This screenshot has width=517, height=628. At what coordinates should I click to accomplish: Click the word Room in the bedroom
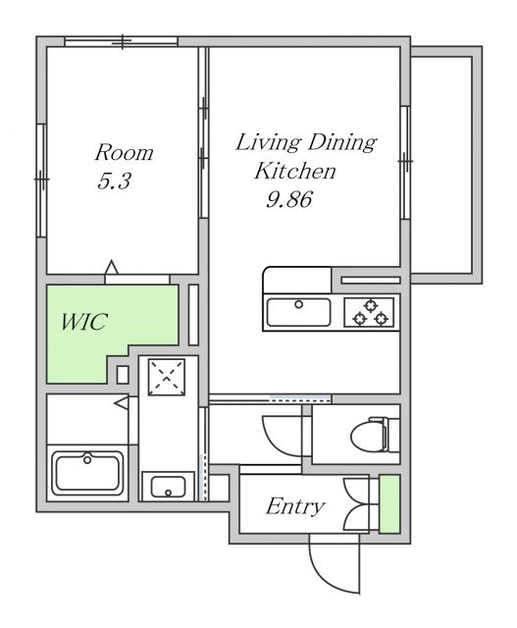(124, 152)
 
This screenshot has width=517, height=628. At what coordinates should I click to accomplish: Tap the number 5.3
(114, 182)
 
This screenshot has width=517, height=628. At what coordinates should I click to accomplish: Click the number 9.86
(289, 199)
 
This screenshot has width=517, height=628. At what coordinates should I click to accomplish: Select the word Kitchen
(295, 171)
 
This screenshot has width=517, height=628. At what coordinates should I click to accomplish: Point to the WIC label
(84, 321)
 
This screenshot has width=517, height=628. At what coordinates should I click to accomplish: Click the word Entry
(295, 506)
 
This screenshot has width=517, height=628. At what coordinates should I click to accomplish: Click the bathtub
(87, 473)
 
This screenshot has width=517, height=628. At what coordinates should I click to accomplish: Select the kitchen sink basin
(299, 312)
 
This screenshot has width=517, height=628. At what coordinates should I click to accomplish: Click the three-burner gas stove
(369, 312)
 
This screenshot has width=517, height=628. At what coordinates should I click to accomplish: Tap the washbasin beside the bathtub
(168, 487)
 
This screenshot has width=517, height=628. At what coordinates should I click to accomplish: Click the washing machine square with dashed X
(167, 377)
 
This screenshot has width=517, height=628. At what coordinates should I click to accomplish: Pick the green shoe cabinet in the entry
(389, 503)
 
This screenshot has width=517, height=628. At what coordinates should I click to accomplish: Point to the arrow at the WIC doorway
(111, 267)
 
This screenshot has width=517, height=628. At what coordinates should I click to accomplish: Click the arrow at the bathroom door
(122, 402)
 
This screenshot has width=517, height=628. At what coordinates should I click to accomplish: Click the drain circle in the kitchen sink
(299, 304)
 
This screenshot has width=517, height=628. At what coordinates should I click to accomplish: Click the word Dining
(342, 143)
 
